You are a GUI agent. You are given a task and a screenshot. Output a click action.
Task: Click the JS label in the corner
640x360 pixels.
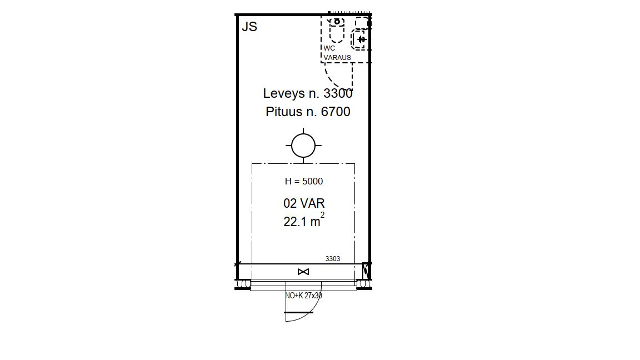(x=249, y=27)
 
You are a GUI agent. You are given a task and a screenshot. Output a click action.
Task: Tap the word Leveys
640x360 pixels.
(x=284, y=93)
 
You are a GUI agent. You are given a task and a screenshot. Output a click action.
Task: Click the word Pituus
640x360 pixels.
(x=284, y=112)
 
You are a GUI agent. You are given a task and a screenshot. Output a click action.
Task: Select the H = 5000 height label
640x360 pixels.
(x=304, y=181)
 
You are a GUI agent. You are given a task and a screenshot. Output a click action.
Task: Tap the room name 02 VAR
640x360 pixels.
(x=304, y=203)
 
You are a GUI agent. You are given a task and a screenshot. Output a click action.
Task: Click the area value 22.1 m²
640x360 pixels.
(x=304, y=221)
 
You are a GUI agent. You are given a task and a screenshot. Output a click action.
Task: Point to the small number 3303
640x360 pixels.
(x=333, y=259)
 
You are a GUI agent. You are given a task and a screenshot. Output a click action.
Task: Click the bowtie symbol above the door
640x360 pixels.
(x=303, y=272)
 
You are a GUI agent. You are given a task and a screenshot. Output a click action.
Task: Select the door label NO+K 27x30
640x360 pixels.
(x=304, y=296)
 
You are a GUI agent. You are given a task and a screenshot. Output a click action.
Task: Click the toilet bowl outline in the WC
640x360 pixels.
(x=337, y=30)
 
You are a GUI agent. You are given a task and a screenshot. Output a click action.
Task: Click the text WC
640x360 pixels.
(x=329, y=48)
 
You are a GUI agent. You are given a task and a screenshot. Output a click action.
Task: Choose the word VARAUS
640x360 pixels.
(x=337, y=58)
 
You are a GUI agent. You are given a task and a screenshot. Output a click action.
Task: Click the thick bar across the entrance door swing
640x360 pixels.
(x=299, y=313)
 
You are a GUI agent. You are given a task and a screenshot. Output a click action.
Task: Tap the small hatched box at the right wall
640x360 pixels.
(x=367, y=271)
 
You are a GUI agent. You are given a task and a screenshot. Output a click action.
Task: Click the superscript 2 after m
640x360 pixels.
(x=322, y=214)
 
